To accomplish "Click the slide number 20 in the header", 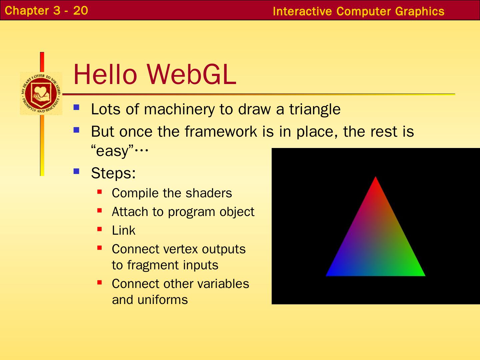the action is click(80, 10).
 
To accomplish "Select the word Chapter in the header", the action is click(27, 11).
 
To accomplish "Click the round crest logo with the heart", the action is click(41, 94).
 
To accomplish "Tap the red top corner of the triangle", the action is click(375, 177).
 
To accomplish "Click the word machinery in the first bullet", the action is click(179, 109).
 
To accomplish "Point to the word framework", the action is click(221, 131).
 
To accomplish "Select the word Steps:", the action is click(113, 173).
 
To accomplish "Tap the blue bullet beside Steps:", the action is click(76, 171).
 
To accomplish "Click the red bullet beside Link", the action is click(99, 229).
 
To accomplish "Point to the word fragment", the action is click(153, 265).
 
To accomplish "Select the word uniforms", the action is click(162, 299).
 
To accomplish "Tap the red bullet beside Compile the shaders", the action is click(99, 192).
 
